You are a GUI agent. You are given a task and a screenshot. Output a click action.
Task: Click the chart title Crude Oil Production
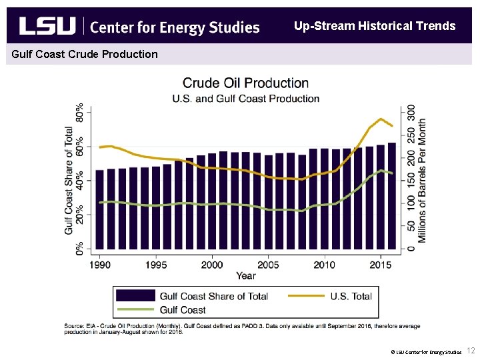(245, 83)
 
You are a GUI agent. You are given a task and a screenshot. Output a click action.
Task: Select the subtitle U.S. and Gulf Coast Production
(245, 99)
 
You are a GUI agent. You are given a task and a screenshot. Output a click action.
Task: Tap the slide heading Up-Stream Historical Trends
(375, 26)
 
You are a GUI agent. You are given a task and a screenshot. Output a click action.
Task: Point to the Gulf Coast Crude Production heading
(82, 54)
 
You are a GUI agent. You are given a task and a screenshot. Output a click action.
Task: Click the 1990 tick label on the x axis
(100, 265)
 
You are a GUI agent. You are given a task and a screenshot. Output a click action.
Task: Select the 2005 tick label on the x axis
(269, 265)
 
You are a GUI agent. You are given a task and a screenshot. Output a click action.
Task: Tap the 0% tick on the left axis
(79, 248)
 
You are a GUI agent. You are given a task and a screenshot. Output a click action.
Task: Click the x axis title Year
(245, 275)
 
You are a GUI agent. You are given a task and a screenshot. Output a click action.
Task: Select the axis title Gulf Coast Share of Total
(69, 180)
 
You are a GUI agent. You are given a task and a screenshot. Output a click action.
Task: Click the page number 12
(469, 351)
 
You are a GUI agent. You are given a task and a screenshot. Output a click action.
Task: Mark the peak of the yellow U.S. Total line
(381, 119)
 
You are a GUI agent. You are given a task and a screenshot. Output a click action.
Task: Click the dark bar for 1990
(100, 210)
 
